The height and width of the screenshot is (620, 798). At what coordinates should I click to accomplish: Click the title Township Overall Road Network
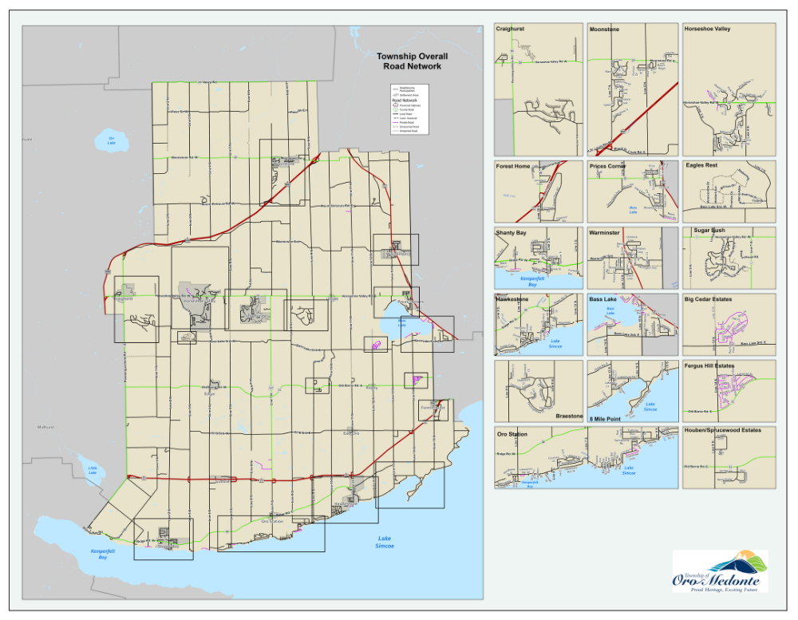point(412,61)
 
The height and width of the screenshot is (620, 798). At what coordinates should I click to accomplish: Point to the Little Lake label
point(93,472)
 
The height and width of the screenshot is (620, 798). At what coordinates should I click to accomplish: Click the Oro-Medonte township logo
point(720,571)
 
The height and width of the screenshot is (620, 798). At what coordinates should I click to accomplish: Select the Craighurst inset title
point(511,29)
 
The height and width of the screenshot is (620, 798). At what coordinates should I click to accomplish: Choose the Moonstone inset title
point(604,29)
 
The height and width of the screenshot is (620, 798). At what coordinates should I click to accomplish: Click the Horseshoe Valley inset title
point(707,29)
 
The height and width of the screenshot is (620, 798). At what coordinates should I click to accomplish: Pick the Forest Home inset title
point(512,167)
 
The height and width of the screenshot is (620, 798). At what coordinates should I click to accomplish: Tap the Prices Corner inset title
point(608,167)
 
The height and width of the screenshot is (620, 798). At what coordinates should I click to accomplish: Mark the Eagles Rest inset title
point(701,166)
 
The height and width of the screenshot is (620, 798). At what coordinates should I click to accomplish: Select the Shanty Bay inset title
point(512,233)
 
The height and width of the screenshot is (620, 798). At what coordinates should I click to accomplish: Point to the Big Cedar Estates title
point(708,299)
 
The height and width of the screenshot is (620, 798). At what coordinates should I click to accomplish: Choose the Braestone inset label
point(569,417)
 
